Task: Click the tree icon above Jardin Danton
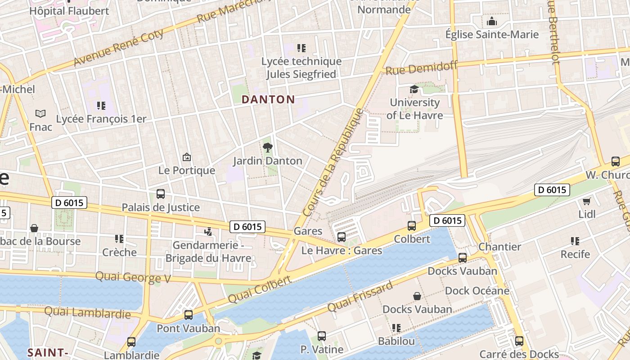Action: click(x=268, y=147)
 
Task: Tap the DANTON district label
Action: click(x=268, y=99)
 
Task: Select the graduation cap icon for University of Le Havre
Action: click(x=414, y=90)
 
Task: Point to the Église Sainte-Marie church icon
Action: click(x=491, y=21)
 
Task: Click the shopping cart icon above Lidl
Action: click(x=586, y=201)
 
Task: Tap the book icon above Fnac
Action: click(x=40, y=114)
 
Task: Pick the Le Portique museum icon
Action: click(x=187, y=157)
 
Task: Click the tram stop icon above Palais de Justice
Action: click(x=161, y=194)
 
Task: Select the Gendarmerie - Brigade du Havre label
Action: click(x=208, y=252)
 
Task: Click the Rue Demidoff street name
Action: click(x=422, y=68)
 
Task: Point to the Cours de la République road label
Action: click(x=333, y=162)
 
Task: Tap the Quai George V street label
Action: click(x=133, y=277)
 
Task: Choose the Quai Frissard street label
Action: click(x=360, y=296)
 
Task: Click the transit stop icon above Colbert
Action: click(x=412, y=226)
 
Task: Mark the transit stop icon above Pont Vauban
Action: click(x=189, y=315)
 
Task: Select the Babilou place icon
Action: click(x=396, y=328)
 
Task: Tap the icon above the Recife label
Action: click(x=575, y=241)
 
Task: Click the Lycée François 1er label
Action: click(x=101, y=119)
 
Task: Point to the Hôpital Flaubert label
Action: click(x=69, y=11)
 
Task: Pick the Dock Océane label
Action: click(x=477, y=291)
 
